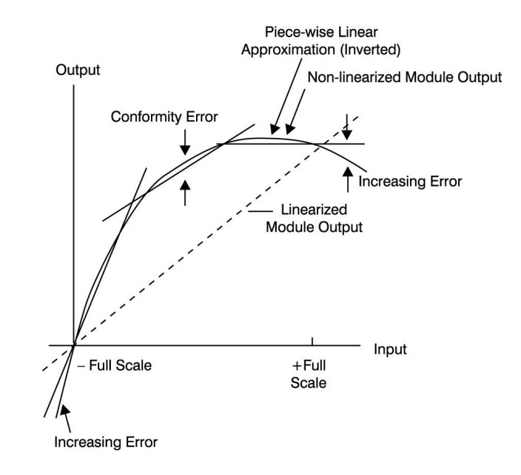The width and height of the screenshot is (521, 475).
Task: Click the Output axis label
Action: coord(77,71)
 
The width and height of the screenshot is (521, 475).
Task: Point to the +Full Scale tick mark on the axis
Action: coord(312,341)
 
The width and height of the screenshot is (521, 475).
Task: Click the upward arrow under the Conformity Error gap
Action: coord(185,191)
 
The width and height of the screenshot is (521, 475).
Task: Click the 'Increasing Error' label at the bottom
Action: coord(105,443)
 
